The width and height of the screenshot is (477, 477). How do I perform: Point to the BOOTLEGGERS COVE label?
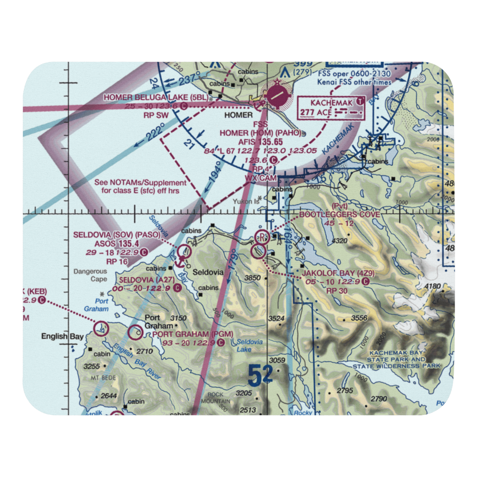(340, 215)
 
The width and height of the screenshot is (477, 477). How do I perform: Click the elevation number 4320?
(339, 241)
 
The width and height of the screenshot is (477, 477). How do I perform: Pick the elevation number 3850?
(252, 278)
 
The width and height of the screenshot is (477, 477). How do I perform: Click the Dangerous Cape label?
(90, 276)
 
